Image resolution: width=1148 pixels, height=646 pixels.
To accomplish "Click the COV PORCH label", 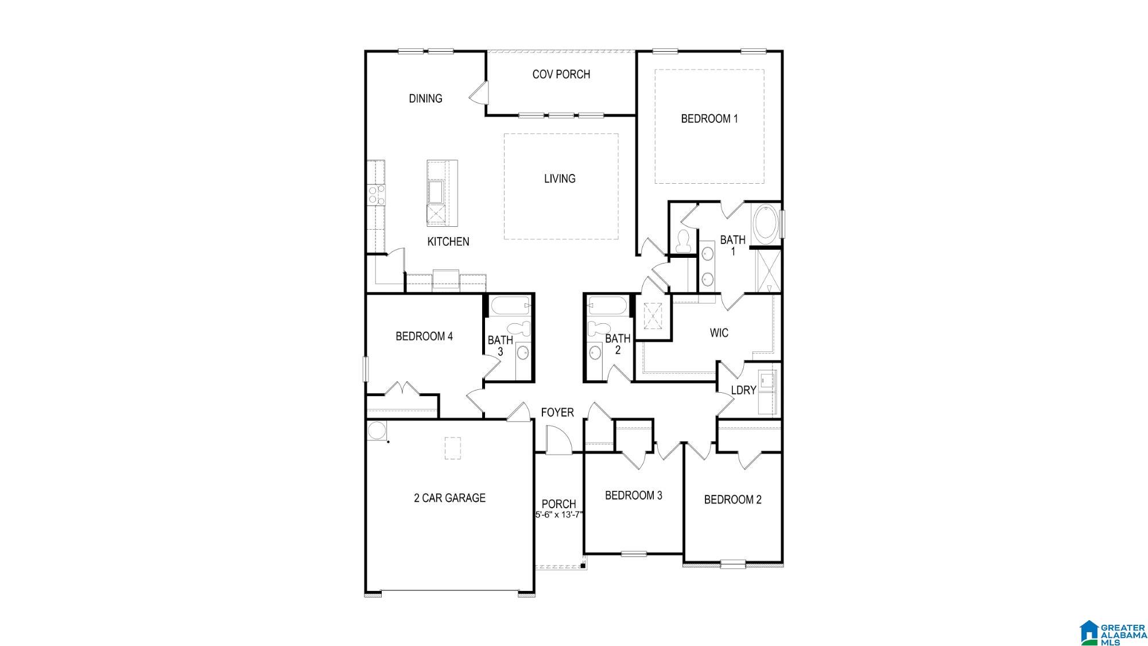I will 561,74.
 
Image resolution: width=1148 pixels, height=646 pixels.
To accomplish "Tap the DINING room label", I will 425,98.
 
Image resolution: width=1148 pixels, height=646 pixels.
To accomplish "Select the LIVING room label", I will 560,179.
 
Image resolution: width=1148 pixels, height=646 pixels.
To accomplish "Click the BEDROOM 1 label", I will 709,118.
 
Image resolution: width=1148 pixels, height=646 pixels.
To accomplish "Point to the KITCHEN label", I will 448,242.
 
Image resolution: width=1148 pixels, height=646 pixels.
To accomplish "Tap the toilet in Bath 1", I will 684,241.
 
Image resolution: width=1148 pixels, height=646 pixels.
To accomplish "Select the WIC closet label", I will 719,332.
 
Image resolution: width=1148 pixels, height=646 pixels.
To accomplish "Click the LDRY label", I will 743,390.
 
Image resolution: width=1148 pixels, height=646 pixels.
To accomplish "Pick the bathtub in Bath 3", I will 510,306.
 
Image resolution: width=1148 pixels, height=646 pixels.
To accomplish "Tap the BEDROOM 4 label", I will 424,336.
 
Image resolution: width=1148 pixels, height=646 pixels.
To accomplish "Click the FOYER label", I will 557,412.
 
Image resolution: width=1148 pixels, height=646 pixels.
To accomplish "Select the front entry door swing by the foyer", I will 558,440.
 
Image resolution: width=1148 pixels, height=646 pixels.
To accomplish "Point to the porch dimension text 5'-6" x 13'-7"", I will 559,515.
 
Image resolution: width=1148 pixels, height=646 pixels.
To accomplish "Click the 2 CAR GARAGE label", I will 449,498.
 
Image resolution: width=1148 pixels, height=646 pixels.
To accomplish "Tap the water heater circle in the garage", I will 377,431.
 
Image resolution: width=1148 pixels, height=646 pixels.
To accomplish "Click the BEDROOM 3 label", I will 634,495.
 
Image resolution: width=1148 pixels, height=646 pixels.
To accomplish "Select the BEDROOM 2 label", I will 732,500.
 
